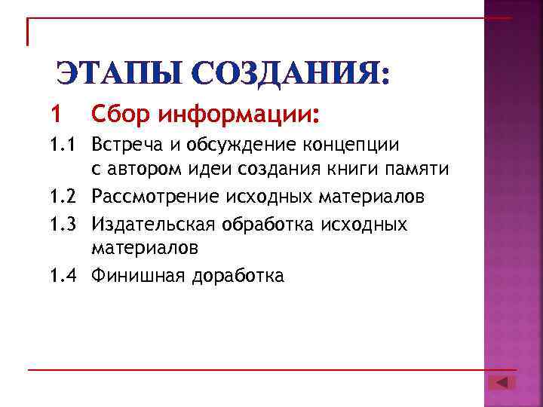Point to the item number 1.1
(63, 143)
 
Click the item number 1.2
(63, 197)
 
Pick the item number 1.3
(63, 225)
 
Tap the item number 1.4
(63, 276)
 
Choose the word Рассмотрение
(155, 197)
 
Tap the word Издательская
(151, 225)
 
